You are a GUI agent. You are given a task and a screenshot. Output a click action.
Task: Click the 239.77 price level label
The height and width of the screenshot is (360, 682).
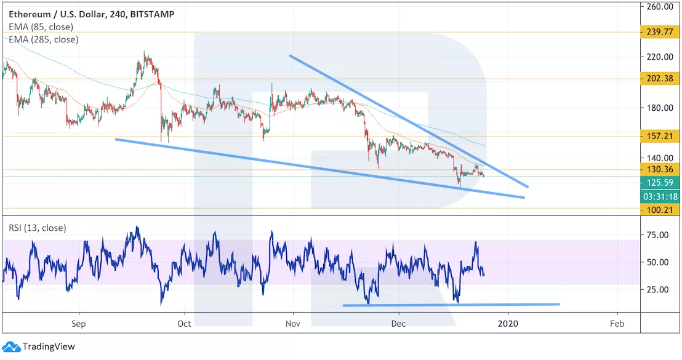660,32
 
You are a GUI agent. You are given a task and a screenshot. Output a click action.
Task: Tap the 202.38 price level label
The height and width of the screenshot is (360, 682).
660,79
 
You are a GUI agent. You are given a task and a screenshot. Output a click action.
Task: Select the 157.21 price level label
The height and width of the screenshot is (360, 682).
660,137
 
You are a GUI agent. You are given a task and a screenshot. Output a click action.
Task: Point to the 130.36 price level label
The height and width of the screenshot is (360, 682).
660,170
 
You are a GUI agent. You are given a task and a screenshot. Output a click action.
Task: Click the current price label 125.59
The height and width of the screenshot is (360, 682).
660,183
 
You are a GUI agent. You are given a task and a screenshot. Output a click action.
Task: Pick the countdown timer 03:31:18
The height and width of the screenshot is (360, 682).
660,196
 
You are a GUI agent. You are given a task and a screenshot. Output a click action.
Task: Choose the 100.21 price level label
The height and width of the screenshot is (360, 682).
660,210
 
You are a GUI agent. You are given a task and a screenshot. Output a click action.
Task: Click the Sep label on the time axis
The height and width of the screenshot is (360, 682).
78,323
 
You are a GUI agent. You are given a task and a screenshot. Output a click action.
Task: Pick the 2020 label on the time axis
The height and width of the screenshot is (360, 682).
508,323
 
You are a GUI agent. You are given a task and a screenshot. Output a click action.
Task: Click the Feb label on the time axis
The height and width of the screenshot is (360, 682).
617,323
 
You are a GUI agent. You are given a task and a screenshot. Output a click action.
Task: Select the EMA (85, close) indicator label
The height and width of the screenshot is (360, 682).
41,27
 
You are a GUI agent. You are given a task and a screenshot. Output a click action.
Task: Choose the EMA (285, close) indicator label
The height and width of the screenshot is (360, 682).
43,39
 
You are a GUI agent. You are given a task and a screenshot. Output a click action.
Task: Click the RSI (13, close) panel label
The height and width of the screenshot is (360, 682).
37,228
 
